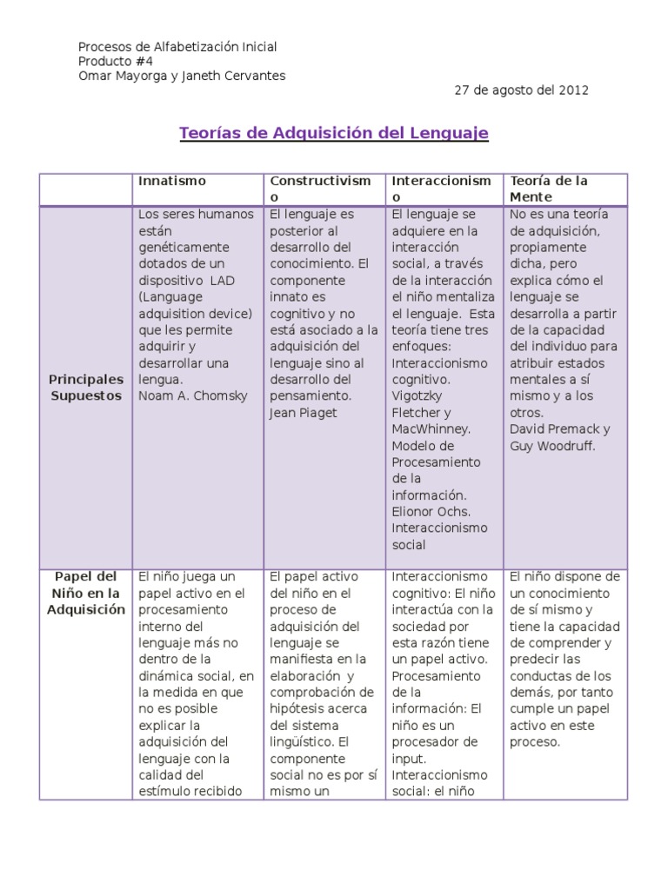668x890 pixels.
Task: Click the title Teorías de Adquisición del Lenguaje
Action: [334, 133]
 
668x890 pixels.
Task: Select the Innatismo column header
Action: [171, 181]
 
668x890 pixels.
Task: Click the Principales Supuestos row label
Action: [86, 388]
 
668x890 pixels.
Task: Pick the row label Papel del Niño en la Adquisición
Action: [86, 593]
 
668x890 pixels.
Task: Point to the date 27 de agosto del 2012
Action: [522, 90]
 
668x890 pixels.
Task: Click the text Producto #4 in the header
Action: [111, 61]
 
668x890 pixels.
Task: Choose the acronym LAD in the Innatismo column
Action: [220, 281]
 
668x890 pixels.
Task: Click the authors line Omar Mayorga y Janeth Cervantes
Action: [182, 76]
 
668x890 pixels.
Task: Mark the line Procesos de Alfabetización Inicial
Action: [177, 46]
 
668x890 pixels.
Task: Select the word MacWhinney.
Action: [431, 429]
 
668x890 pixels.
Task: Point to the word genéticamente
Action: [182, 248]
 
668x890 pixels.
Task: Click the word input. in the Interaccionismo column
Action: [409, 759]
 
